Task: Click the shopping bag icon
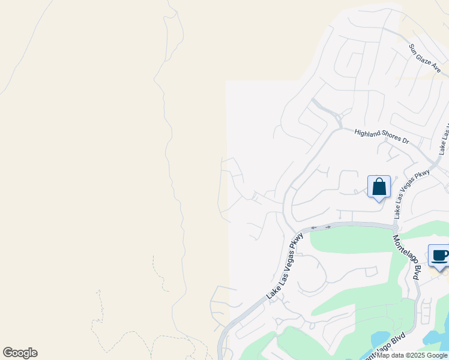point(379,187)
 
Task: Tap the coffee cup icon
point(439,256)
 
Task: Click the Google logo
point(20,353)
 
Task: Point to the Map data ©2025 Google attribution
point(412,355)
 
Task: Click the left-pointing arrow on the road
point(313,228)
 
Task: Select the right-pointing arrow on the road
point(328,227)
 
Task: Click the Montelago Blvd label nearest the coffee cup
point(406,257)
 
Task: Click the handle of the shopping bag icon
point(379,181)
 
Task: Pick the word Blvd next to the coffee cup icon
point(414,273)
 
